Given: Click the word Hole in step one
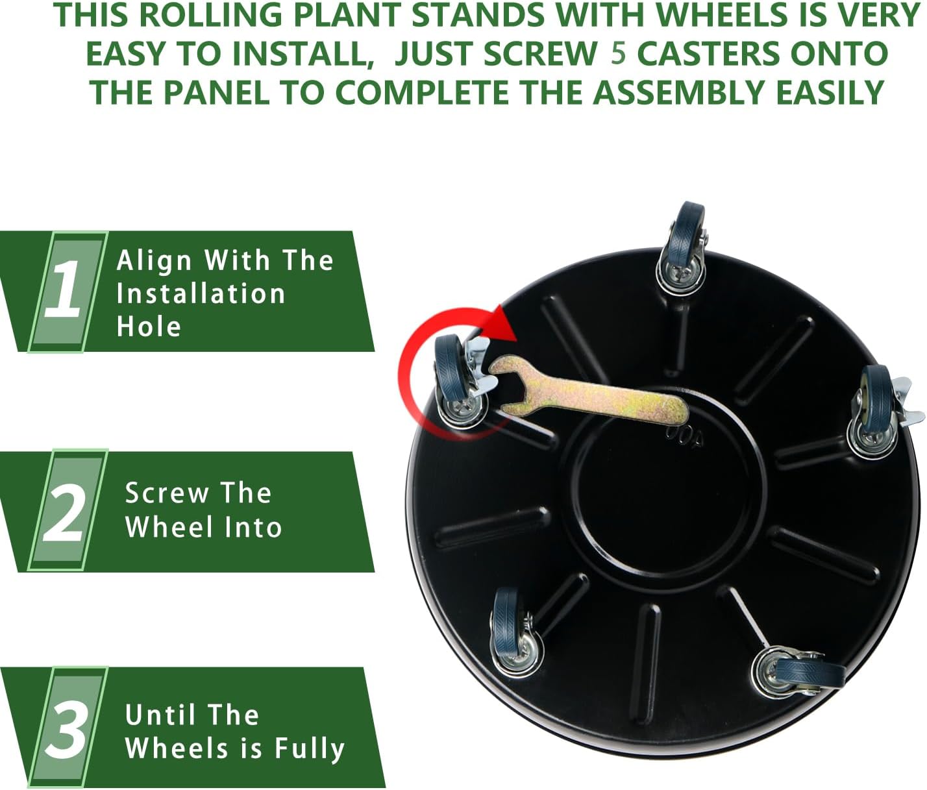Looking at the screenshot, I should click(x=149, y=327).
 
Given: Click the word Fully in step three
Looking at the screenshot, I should click(x=309, y=748).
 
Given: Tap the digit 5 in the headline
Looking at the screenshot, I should click(x=618, y=53).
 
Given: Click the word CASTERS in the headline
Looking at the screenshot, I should click(x=698, y=54).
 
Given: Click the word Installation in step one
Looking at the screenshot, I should click(x=201, y=294).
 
